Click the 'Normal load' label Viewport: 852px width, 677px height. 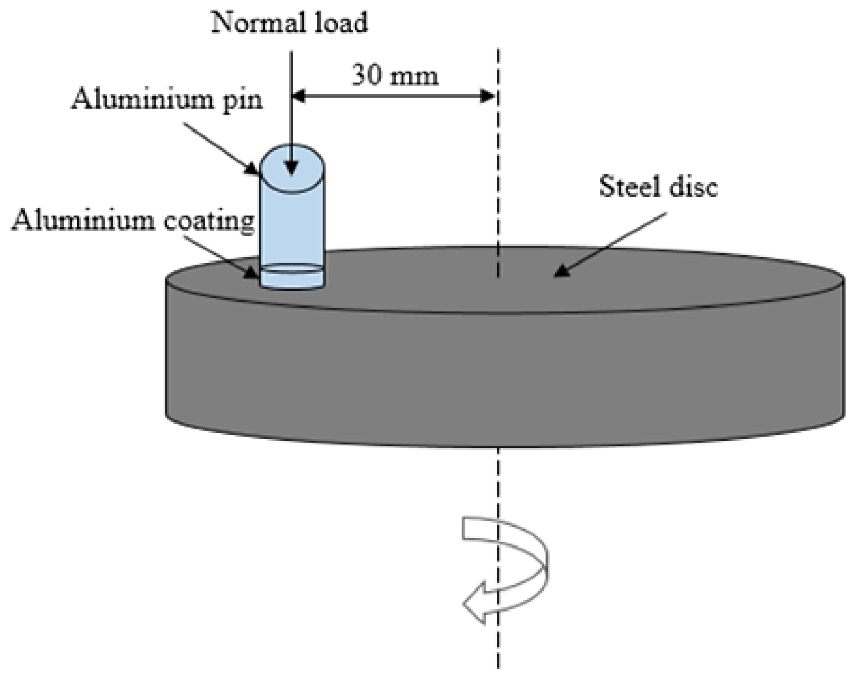pos(290,23)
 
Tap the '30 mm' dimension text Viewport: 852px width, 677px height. pos(395,76)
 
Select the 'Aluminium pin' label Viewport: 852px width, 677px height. pos(166,99)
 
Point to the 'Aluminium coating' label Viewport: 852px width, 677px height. pos(133,221)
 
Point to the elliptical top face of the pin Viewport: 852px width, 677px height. pos(292,169)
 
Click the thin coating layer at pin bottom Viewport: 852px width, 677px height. pos(292,277)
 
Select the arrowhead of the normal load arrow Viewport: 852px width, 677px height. pos(291,168)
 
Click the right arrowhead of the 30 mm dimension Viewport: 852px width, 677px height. pos(488,96)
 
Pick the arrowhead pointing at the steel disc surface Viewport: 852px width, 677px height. pos(562,271)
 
